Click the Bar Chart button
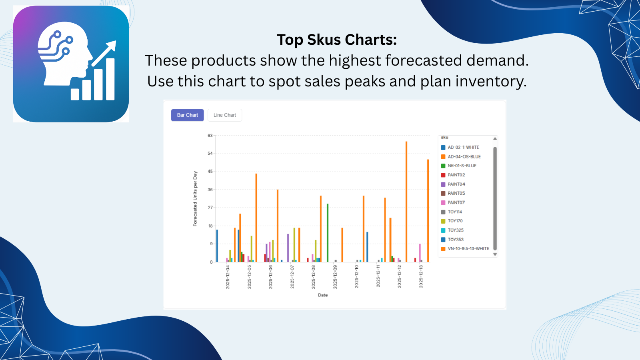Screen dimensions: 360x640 187,115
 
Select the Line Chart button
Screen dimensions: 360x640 224,115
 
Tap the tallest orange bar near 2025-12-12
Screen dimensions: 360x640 406,202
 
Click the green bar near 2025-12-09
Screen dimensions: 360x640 328,233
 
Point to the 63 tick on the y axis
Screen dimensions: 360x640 210,136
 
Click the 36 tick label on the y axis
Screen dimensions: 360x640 210,190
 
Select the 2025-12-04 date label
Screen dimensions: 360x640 228,277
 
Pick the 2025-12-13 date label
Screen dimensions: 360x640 421,276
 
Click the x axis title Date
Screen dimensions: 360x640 323,295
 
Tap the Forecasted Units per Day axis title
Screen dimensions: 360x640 195,199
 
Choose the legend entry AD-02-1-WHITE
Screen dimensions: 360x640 463,148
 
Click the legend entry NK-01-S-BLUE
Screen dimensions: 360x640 462,166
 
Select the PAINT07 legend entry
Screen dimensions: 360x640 456,203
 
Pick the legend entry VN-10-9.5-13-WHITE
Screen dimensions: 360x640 468,249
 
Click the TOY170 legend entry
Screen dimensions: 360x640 455,221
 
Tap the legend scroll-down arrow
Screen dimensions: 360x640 495,254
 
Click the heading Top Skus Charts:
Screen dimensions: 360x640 337,40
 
